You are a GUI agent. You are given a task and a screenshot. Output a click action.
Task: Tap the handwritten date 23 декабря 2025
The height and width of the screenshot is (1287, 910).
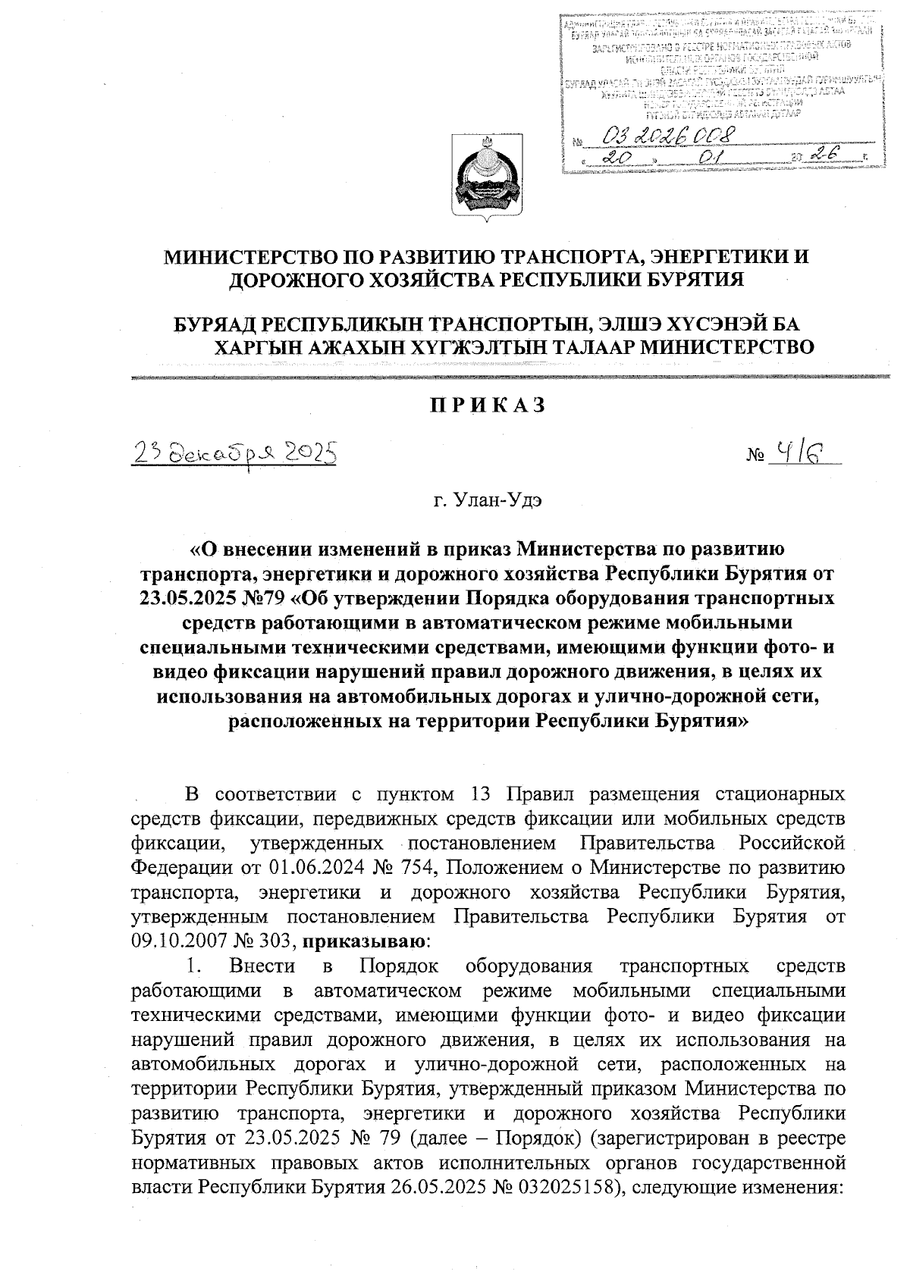234,454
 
